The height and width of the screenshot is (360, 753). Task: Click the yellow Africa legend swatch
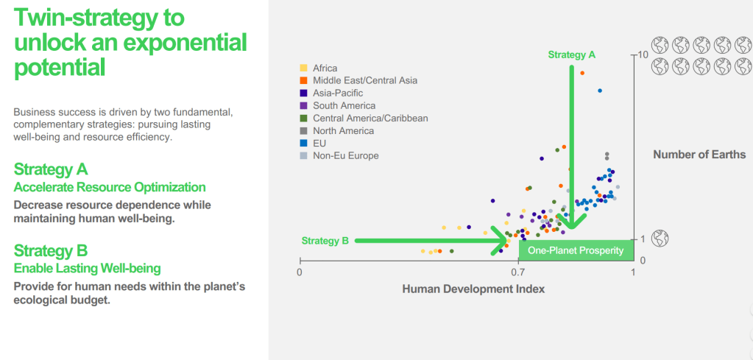coord(303,68)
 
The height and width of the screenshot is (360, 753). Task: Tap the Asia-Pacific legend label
coord(337,93)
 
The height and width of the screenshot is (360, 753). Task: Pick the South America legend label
coord(344,105)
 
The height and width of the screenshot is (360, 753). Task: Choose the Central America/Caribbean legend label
coord(370,118)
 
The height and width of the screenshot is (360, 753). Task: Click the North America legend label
coord(343,130)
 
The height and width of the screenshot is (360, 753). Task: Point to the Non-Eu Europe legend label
coord(346,155)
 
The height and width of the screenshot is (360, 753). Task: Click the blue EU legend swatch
coord(303,143)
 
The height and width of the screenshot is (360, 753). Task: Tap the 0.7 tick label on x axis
coord(519,272)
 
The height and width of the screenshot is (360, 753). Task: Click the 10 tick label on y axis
coord(642,55)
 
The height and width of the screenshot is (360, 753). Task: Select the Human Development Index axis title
coord(473,289)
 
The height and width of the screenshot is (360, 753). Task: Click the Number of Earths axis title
coord(699,154)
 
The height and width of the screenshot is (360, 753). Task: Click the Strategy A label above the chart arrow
coord(571,54)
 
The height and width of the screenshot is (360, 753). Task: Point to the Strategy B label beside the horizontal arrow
coord(325,240)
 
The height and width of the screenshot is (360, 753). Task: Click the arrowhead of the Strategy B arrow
coord(503,240)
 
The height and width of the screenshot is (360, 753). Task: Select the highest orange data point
coord(582,73)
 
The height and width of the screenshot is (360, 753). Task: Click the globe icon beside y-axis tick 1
coord(661,239)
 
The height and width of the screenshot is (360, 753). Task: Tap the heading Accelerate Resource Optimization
coord(110,187)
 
